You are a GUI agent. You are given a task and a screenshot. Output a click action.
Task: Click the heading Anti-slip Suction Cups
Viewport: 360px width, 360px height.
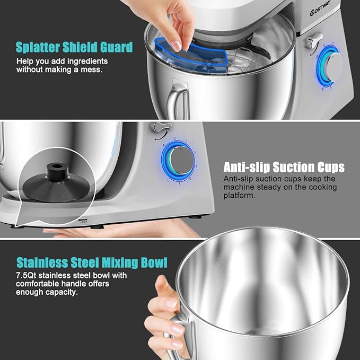[x=284, y=168]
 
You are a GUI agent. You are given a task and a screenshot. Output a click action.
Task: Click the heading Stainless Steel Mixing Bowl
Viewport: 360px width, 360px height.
[x=92, y=262]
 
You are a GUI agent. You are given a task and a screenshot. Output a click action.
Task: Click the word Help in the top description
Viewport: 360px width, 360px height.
[x=24, y=61]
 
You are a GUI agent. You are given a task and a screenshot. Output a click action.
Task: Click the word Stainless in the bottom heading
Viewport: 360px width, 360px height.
[x=45, y=262]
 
